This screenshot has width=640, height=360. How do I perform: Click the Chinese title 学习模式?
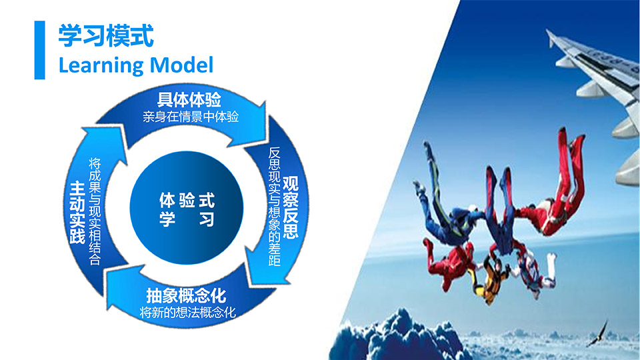pyautogui.click(x=106, y=36)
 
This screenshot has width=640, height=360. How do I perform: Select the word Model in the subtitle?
pyautogui.click(x=181, y=65)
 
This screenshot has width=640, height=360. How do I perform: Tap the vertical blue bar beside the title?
pyautogui.click(x=39, y=50)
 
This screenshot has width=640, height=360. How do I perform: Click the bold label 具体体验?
pyautogui.click(x=189, y=99)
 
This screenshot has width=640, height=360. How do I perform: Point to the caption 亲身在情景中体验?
pyautogui.click(x=191, y=117)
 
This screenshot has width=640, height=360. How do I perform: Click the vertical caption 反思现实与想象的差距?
pyautogui.click(x=274, y=206)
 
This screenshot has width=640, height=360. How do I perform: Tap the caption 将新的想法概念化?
pyautogui.click(x=188, y=313)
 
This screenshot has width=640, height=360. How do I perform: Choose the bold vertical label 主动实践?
pyautogui.click(x=77, y=213)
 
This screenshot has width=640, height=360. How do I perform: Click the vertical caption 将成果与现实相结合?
pyautogui.click(x=95, y=211)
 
